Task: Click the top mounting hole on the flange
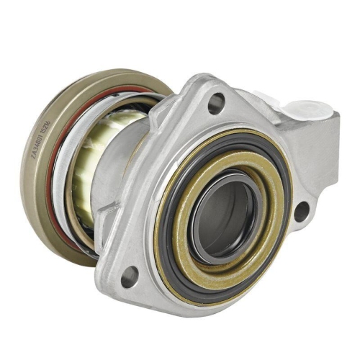click(x=215, y=104)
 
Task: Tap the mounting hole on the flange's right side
click(x=301, y=211)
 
